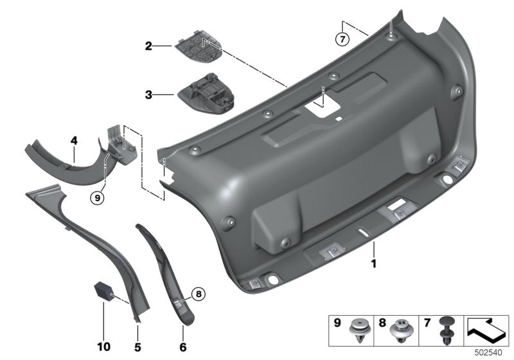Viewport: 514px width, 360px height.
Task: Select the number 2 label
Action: [x=148, y=46]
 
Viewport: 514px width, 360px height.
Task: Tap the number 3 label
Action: [x=148, y=94]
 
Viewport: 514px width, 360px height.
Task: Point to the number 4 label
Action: [x=75, y=139]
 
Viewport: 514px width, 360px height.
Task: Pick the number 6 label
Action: [x=183, y=346]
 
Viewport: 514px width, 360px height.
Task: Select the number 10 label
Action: [x=103, y=346]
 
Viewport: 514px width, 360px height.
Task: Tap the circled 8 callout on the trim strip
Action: [x=198, y=294]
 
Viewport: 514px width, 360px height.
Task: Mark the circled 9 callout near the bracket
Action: [x=97, y=199]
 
